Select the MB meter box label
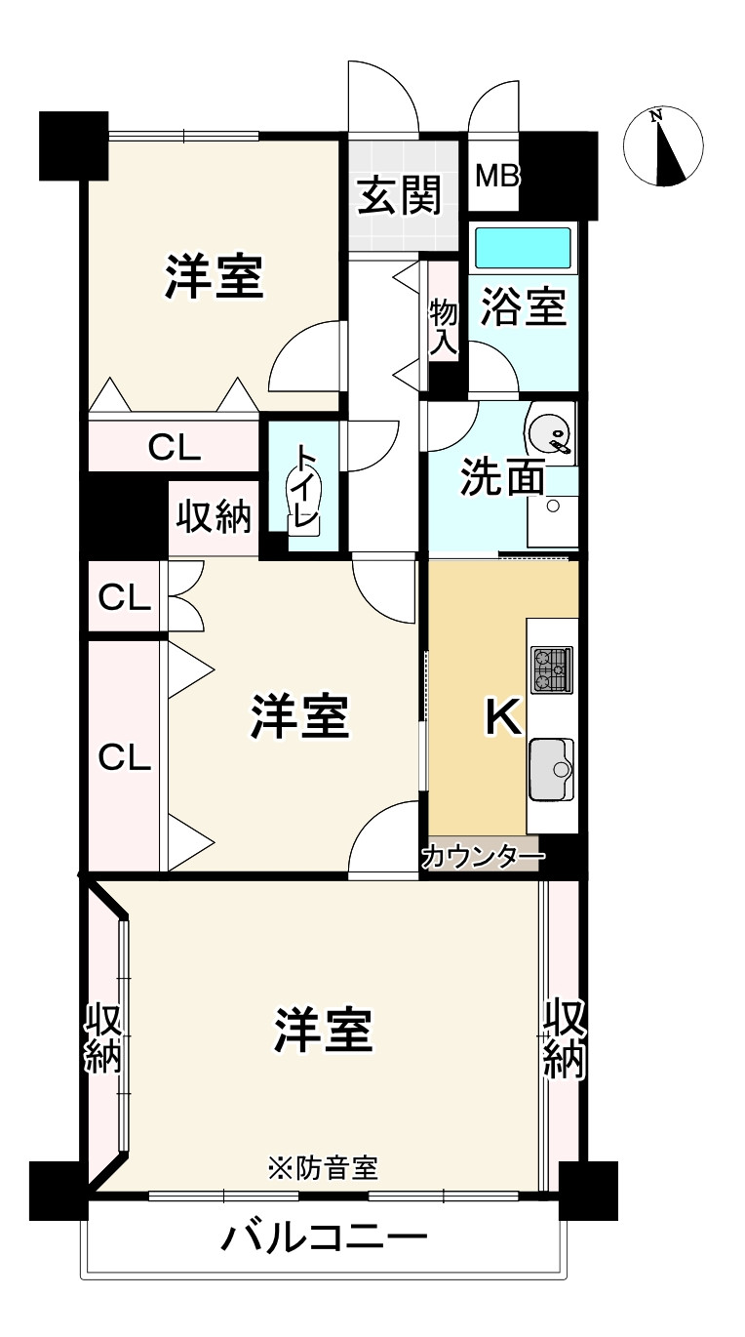point(497,177)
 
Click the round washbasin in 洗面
point(549,429)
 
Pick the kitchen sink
point(551,770)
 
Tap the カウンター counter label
point(482,858)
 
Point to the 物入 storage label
point(444,326)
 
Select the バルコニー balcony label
point(324,1239)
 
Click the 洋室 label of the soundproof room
point(323,1032)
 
